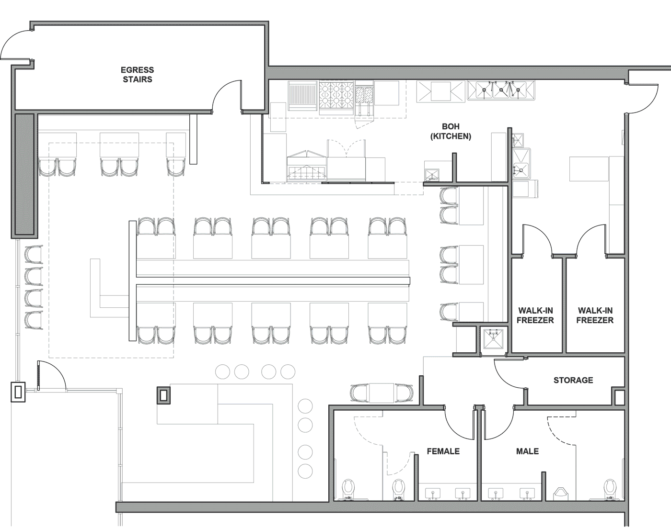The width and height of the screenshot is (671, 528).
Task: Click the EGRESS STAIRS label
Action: [137, 75]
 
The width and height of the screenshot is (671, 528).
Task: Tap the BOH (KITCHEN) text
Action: [451, 131]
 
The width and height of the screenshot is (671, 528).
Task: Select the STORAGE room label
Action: [573, 380]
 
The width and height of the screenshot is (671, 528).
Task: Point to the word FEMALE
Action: [443, 451]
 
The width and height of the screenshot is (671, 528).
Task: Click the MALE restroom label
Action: [527, 451]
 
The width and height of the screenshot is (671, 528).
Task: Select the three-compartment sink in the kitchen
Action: [501, 90]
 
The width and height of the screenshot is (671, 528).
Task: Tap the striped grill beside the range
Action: [302, 96]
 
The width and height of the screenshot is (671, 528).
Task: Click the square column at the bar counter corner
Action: [164, 395]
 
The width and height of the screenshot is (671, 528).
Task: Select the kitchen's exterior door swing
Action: [642, 99]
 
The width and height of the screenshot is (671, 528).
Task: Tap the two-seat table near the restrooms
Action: [382, 393]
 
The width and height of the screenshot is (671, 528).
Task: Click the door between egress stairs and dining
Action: [227, 96]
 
